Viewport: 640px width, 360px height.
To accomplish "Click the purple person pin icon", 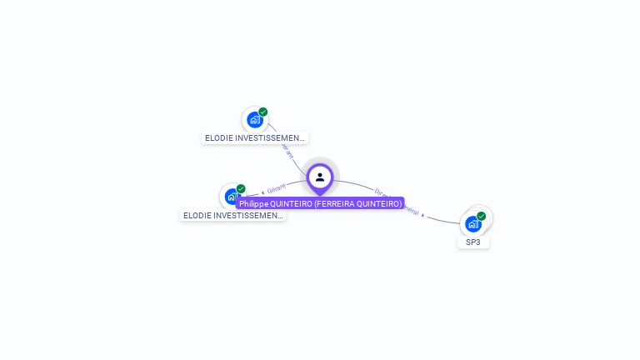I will click(x=320, y=177).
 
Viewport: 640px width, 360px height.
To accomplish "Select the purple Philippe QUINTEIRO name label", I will click(x=320, y=203).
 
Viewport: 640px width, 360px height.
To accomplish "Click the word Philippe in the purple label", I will click(x=253, y=203).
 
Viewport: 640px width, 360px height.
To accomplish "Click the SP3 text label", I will click(x=473, y=242).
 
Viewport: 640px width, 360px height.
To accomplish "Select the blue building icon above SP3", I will click(x=472, y=224).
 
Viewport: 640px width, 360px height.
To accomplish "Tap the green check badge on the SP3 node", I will click(x=481, y=216).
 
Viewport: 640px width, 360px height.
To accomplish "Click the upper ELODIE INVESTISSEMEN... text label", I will click(x=255, y=138).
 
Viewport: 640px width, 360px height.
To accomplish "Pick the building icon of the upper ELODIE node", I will click(x=254, y=120).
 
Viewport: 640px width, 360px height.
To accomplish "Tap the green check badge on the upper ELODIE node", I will click(x=263, y=112).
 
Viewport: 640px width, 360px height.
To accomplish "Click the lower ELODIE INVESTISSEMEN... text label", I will click(x=233, y=216).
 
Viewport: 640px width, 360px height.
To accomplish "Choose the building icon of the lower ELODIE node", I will click(x=232, y=197).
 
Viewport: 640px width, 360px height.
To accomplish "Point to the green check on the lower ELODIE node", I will click(x=241, y=189).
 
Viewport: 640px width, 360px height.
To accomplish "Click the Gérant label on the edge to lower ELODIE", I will click(x=277, y=188).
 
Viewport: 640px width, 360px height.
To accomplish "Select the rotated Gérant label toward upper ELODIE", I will click(x=287, y=152).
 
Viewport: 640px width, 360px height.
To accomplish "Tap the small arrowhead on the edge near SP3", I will click(x=423, y=216).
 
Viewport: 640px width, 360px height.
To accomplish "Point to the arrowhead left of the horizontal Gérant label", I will click(x=262, y=192).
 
